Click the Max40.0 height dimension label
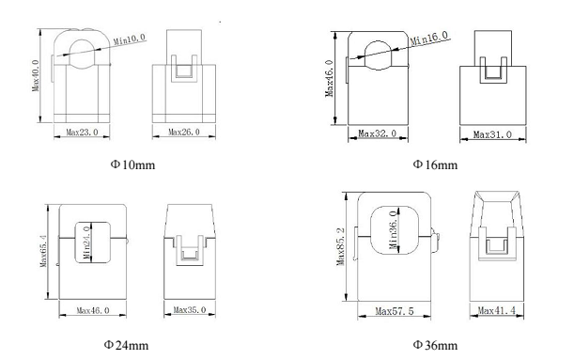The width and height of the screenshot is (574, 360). pos(36,75)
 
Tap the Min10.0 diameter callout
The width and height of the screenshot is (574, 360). pos(130,39)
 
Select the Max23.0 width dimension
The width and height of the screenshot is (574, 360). pos(82,132)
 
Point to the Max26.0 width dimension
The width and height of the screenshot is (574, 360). pos(184,132)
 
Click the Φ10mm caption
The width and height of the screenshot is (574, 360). pos(132,164)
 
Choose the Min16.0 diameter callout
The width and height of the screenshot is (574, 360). pos(428,39)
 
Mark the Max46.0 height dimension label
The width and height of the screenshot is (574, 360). pos(329,78)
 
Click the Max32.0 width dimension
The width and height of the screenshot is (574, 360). pos(377,133)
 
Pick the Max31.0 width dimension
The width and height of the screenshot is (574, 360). pos(492,134)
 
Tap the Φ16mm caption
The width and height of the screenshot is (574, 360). pos(435,164)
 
